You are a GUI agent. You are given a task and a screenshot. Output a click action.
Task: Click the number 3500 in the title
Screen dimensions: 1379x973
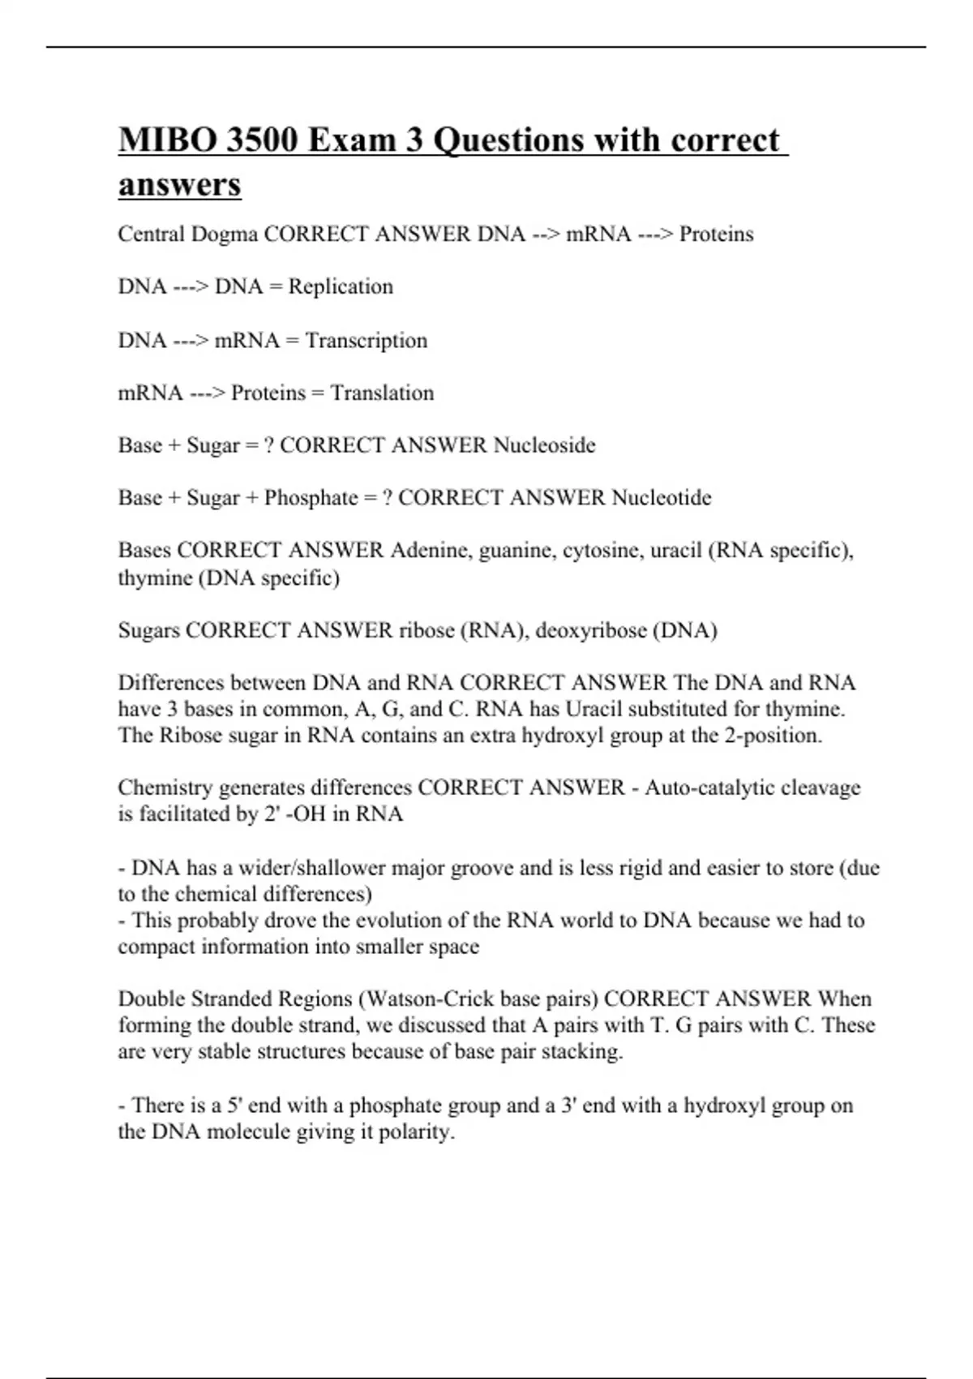(x=261, y=140)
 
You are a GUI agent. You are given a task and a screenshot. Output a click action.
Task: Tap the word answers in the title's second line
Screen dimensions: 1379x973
(x=179, y=184)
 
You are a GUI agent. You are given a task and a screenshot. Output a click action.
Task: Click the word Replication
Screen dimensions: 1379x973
(x=341, y=287)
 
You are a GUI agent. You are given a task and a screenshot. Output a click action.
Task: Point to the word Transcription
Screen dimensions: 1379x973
(x=366, y=341)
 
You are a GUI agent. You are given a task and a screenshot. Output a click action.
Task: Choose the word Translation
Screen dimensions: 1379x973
(x=382, y=393)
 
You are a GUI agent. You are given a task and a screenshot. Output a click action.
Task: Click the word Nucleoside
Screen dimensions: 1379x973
(x=544, y=445)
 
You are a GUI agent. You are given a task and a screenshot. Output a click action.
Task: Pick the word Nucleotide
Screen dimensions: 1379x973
(x=661, y=498)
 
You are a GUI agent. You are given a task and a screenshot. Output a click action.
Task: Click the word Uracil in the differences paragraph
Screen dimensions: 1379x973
(x=594, y=710)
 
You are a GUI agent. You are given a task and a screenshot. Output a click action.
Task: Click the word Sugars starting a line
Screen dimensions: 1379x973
(x=148, y=631)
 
